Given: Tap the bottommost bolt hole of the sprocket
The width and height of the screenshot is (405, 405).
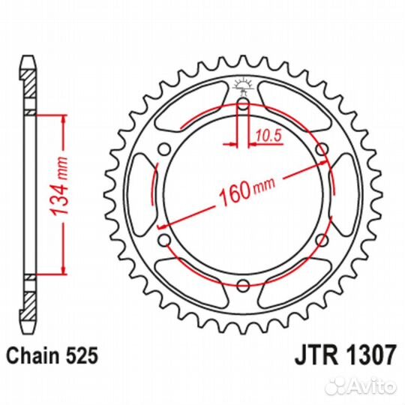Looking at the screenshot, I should click(243, 285).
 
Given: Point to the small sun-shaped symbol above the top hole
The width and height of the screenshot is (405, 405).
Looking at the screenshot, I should click(243, 83).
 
